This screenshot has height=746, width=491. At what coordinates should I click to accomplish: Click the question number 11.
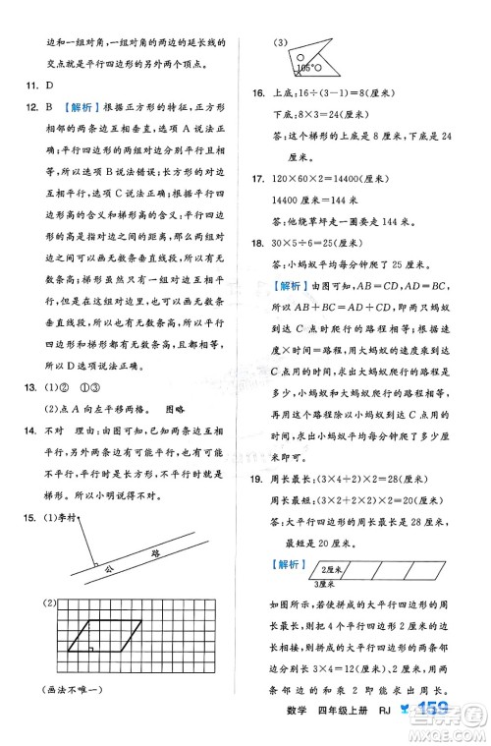(x=29, y=86)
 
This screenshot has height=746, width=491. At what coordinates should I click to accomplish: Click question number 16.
(x=259, y=93)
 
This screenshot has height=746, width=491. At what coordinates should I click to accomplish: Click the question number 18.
(x=259, y=243)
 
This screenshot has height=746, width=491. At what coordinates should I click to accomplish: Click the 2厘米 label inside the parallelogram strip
(x=328, y=567)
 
